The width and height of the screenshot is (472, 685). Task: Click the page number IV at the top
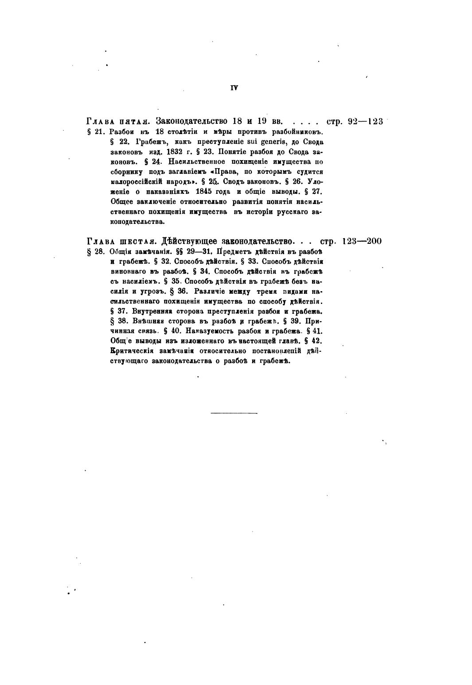click(x=234, y=88)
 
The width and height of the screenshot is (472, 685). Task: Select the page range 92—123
click(x=365, y=121)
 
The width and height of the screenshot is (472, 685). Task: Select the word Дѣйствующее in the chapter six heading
click(x=189, y=241)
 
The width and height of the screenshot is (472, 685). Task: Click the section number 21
click(x=99, y=132)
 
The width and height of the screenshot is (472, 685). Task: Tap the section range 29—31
click(x=202, y=251)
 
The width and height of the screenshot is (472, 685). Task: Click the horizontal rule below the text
click(x=234, y=413)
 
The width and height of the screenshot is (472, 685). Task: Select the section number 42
click(x=317, y=341)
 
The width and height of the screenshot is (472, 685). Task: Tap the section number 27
click(x=317, y=192)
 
